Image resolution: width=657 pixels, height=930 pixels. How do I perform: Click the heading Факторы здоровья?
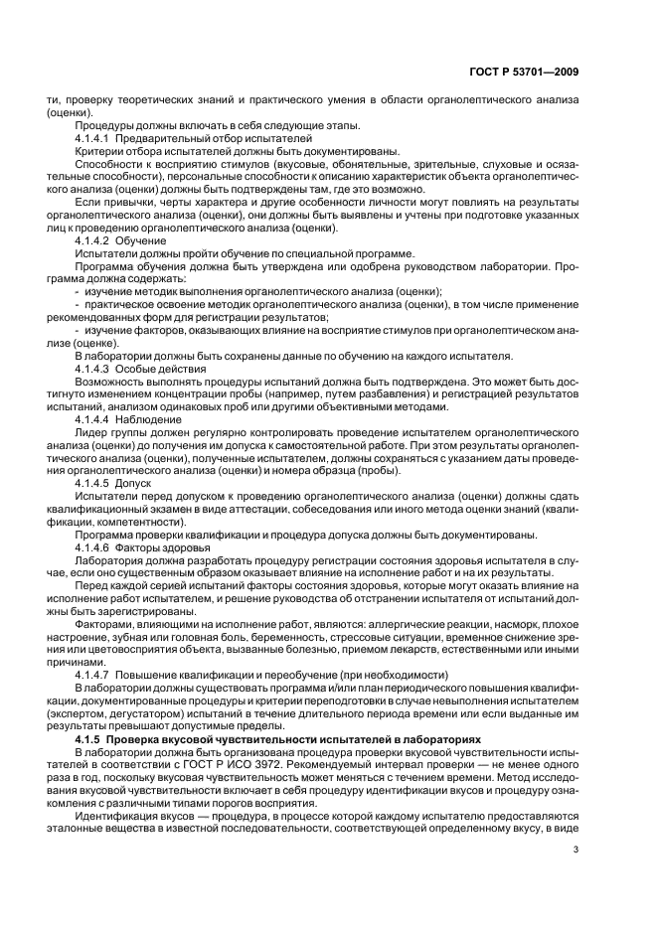point(169,548)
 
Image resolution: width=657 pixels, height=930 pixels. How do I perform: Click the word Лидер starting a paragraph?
point(91,434)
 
